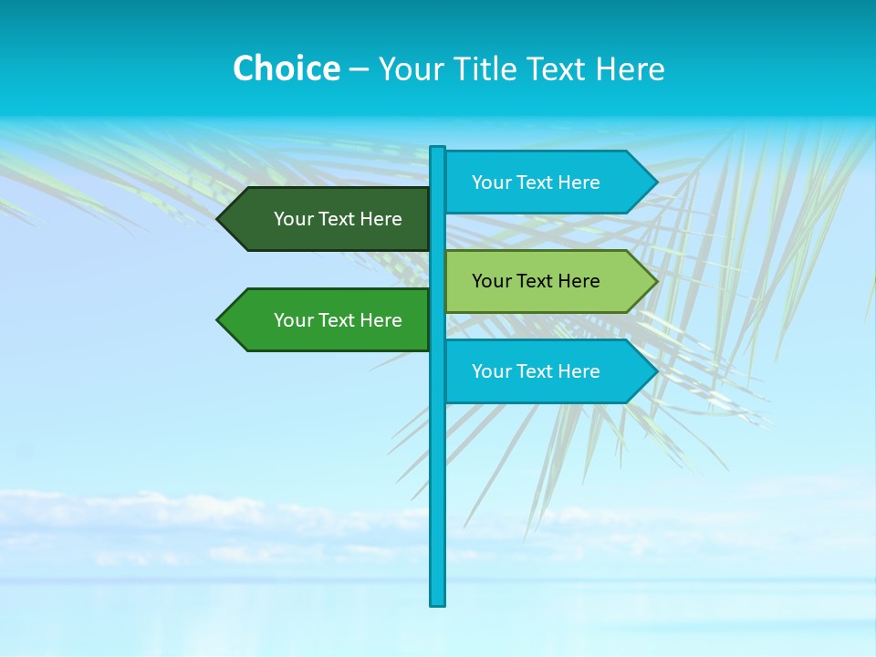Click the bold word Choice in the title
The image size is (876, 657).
pos(286,68)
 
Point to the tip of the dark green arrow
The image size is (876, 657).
pos(219,219)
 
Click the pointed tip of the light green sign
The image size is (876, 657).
pos(655,281)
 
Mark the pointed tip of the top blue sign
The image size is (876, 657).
pos(655,182)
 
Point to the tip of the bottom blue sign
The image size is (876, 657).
pos(655,371)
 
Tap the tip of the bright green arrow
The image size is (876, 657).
pos(219,320)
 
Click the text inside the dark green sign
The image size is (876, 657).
pos(338,219)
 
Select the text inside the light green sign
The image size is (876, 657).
pos(536,281)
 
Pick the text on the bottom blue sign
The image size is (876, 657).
pos(536,371)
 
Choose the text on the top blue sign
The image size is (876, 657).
pos(536,182)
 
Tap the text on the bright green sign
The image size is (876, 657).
pos(338,320)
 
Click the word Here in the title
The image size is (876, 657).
pos(631,68)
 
